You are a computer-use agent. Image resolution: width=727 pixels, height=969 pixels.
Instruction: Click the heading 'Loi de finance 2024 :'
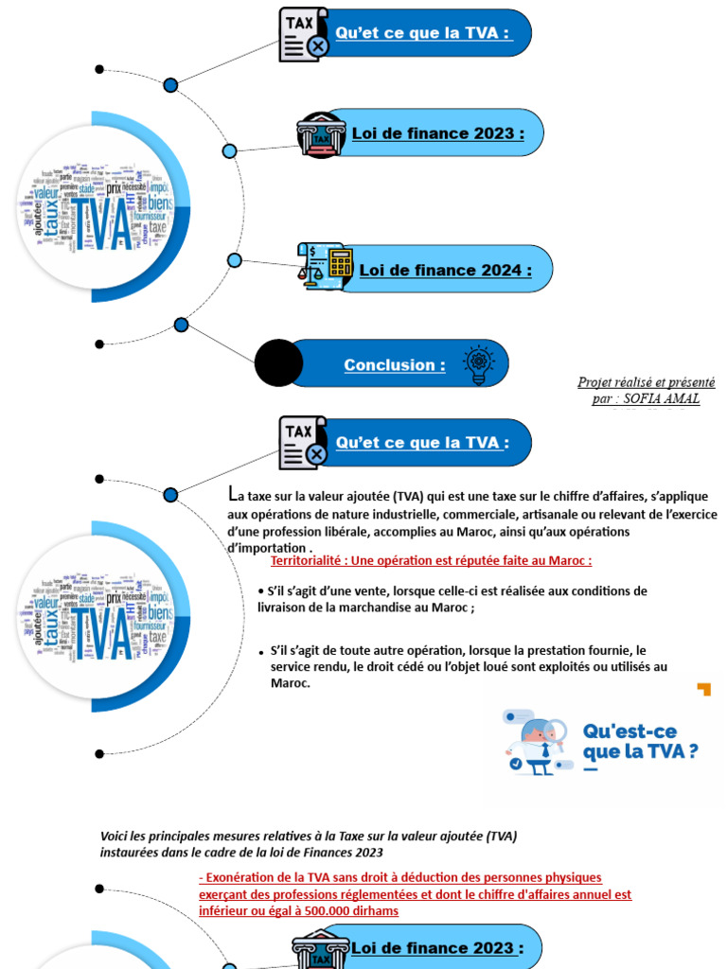[x=445, y=270]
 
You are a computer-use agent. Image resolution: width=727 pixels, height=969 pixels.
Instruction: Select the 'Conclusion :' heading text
[x=394, y=365]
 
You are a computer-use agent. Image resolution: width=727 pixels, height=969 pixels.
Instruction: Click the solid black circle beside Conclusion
[x=279, y=363]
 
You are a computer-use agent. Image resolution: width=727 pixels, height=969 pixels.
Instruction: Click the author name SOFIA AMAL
[x=662, y=398]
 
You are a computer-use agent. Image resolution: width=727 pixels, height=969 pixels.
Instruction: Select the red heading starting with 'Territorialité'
[x=431, y=560]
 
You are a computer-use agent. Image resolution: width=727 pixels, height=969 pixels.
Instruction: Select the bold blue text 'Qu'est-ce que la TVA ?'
[x=641, y=741]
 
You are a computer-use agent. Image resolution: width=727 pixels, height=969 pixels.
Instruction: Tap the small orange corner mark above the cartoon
[x=703, y=689]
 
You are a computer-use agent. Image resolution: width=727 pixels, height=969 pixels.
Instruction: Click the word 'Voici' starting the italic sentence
[x=115, y=837]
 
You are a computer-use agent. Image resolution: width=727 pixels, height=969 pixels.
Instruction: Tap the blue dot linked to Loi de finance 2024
[x=235, y=261]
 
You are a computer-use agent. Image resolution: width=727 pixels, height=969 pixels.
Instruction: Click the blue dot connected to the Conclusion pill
[x=182, y=325]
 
